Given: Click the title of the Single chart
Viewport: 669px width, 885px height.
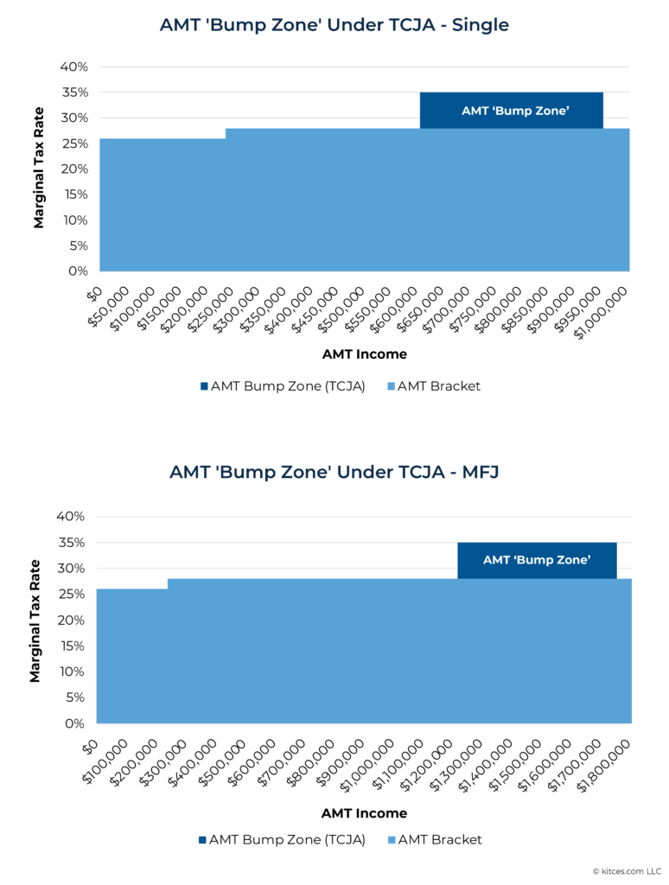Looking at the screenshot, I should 334,25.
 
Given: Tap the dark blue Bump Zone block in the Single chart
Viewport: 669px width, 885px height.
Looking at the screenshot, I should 511,111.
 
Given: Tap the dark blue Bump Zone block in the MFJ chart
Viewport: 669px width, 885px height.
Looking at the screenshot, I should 536,560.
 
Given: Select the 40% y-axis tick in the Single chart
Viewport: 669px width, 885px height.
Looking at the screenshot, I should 74,67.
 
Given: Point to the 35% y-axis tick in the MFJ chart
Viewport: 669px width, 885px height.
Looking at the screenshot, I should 72,543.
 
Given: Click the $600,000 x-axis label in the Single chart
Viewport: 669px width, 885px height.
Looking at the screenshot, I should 396,311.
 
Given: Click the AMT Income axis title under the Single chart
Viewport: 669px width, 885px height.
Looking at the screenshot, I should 364,354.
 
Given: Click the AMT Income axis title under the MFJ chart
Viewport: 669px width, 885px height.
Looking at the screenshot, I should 364,813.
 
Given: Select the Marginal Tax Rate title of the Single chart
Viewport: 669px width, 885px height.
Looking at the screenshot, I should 39,169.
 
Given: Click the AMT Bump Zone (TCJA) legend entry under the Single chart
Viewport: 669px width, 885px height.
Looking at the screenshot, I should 282,386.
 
